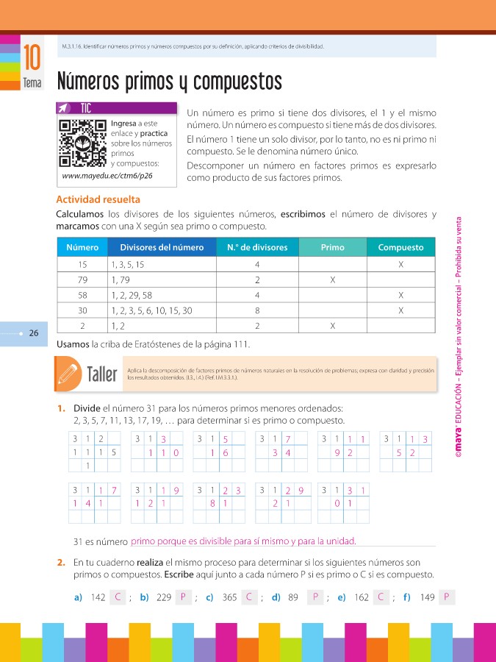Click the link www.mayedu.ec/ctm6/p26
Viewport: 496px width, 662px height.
[x=117, y=177]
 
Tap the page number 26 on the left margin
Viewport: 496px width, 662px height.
[x=34, y=333]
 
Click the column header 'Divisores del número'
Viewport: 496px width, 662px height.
[x=162, y=248]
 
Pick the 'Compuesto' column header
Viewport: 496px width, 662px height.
[x=400, y=248]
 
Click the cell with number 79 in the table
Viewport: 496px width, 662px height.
[x=82, y=280]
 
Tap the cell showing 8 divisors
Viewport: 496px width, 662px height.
[x=257, y=310]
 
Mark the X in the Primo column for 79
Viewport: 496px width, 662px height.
[x=333, y=280]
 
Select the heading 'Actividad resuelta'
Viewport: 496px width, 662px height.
[x=98, y=199]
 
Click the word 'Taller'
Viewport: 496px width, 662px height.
[x=102, y=375]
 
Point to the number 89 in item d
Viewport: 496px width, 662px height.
[x=292, y=598]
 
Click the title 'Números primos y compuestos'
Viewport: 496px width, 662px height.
[x=170, y=79]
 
